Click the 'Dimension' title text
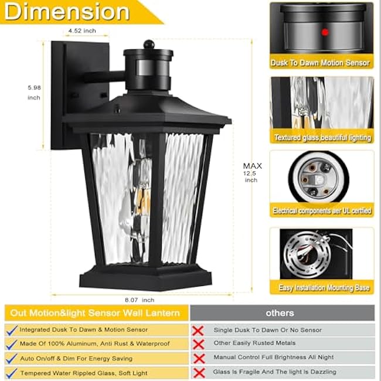(67, 11)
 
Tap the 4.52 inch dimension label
(82, 29)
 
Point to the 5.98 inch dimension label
(34, 93)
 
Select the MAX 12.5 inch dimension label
(252, 173)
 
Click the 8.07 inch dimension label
(143, 301)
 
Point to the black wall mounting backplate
(60, 94)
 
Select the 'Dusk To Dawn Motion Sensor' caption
(321, 63)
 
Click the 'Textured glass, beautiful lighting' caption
(322, 138)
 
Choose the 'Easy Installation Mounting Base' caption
(321, 287)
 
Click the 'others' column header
(280, 313)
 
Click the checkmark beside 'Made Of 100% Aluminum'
(11, 344)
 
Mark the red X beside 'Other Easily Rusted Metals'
(199, 344)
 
